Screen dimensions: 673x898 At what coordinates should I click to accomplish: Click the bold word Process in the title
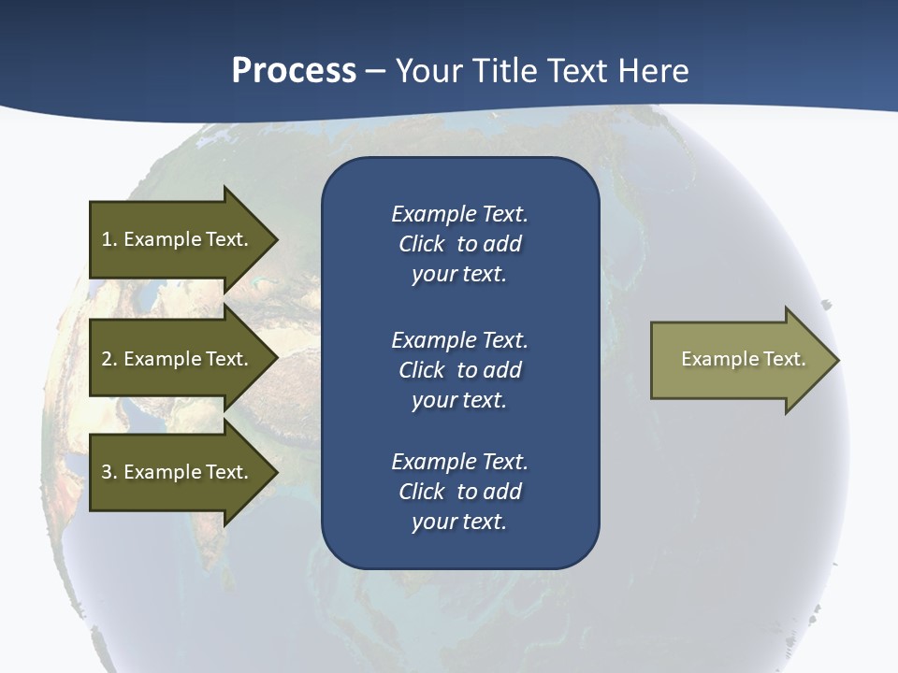(294, 71)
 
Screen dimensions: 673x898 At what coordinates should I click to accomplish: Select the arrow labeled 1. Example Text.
(178, 239)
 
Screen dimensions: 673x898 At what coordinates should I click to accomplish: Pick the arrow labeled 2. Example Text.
(178, 359)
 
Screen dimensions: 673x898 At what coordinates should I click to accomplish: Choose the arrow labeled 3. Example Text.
(178, 472)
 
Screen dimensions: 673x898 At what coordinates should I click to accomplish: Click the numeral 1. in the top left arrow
(109, 239)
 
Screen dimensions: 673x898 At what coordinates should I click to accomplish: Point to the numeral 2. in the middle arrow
(109, 359)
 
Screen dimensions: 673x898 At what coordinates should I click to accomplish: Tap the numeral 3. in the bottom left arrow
(109, 472)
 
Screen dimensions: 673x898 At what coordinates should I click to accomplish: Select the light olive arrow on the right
(739, 360)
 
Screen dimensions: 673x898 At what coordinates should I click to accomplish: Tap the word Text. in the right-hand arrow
(785, 359)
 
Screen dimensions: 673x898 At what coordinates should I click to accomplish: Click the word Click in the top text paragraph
(422, 245)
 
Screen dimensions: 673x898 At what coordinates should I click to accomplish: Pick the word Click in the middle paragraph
(422, 370)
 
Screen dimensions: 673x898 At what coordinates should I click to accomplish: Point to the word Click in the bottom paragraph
(422, 492)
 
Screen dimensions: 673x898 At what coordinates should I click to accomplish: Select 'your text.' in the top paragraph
(459, 275)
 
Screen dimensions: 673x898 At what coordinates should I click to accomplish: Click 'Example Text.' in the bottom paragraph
(459, 462)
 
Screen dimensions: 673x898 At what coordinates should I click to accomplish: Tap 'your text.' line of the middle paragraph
(459, 400)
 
